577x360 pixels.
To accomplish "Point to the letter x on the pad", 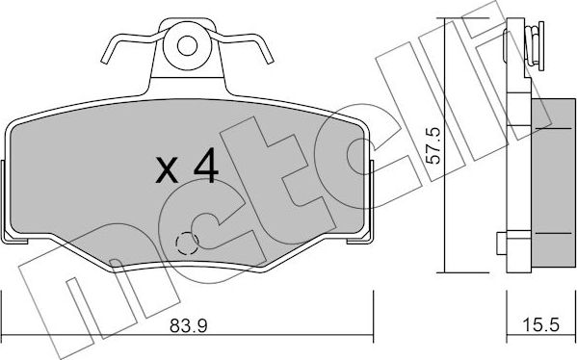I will point(168,173).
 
